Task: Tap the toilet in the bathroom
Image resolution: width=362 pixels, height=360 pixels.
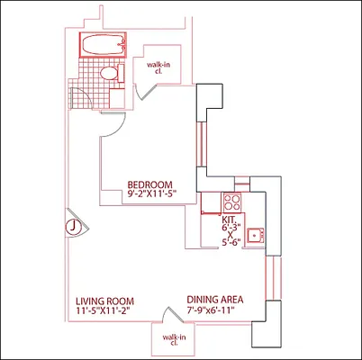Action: click(107, 74)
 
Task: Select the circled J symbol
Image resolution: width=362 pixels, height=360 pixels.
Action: click(71, 226)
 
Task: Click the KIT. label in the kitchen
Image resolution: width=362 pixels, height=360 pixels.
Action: click(231, 220)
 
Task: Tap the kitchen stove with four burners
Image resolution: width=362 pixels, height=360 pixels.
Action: click(232, 202)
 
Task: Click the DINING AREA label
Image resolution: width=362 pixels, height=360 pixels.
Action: click(215, 300)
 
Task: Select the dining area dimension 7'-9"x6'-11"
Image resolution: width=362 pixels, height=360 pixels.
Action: click(215, 311)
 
